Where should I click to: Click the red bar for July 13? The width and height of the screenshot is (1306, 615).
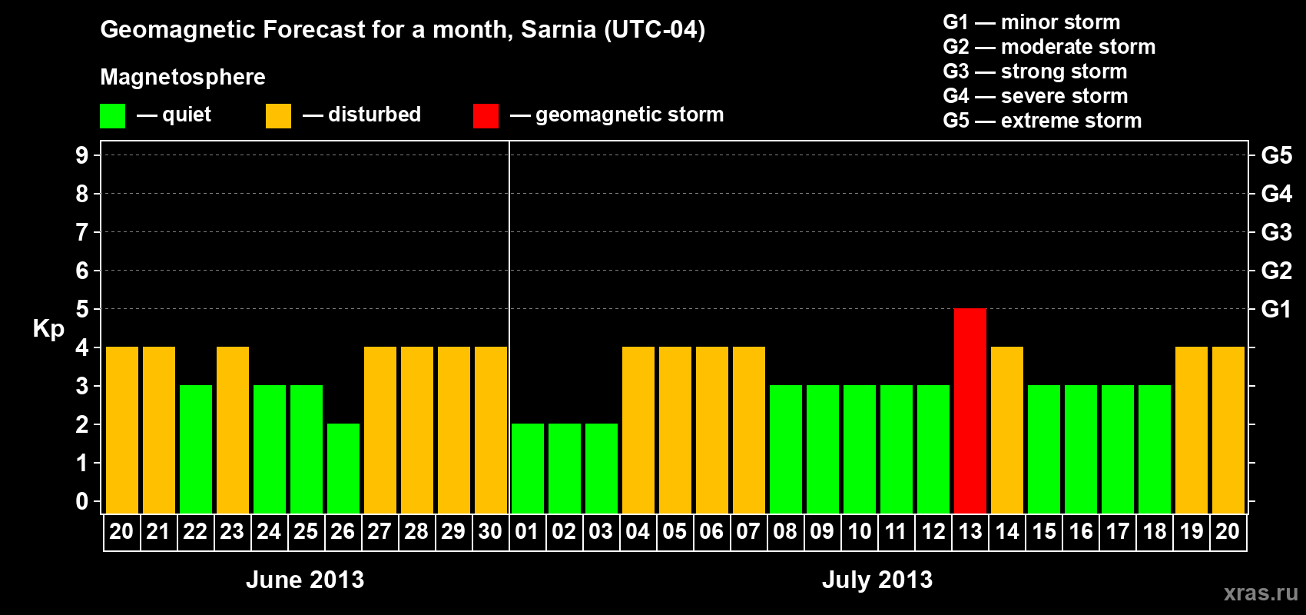970,411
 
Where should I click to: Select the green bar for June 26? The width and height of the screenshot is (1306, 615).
343,468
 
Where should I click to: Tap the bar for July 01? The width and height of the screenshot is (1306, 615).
528,468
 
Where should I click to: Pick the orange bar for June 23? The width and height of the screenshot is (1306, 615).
233,430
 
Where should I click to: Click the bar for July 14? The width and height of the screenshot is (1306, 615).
1007,430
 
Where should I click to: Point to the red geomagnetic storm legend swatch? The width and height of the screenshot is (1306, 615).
486,116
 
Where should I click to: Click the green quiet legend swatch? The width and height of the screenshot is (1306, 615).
113,116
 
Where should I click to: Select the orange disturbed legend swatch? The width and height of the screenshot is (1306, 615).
278,116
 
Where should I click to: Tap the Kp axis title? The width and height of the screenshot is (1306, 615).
48,328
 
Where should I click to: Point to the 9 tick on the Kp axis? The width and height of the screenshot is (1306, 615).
82,155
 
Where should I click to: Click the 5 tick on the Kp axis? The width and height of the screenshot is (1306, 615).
82,309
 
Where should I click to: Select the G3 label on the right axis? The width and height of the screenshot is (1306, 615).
1276,232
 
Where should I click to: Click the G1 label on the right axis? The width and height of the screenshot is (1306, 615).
1276,309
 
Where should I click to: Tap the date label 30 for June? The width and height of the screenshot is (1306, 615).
490,531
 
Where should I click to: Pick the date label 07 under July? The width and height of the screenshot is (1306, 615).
748,531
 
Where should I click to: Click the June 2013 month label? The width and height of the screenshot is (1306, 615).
305,580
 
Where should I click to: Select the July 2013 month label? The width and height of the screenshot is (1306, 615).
877,580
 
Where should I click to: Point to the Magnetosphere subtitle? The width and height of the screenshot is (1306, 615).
183,77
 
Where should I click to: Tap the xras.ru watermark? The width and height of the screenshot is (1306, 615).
1261,593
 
